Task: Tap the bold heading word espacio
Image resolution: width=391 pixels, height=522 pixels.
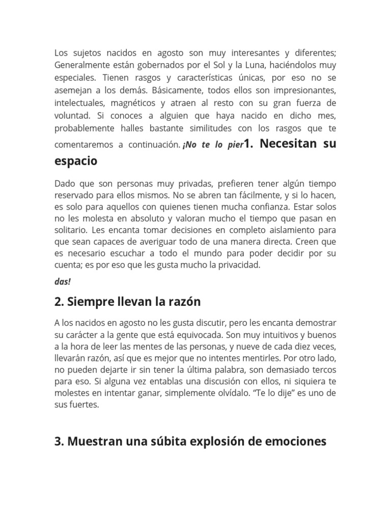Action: [x=75, y=161]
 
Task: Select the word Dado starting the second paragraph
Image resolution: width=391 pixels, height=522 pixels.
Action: [x=65, y=184]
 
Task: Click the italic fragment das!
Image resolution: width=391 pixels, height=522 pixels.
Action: [x=63, y=281]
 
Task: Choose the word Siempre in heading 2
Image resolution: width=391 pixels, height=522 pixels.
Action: [x=90, y=302]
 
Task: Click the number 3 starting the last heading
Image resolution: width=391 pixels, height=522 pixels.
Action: [x=58, y=441]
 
